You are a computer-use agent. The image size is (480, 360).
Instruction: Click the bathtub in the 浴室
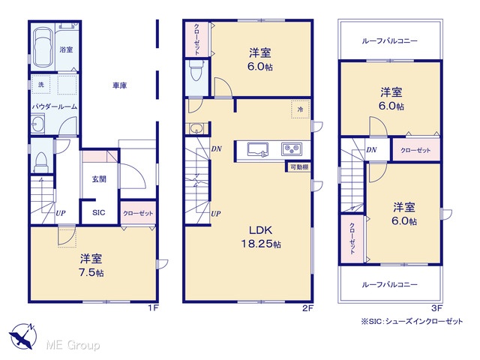[42, 48]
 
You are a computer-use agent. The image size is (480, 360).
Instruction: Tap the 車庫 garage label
[120, 85]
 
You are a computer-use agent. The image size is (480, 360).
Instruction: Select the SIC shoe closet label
[98, 212]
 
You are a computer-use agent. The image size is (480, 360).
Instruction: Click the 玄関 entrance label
[99, 178]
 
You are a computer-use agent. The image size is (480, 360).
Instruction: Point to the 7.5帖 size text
[91, 272]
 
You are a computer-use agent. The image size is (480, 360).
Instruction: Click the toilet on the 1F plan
[41, 162]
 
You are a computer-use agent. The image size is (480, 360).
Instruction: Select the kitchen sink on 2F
[257, 149]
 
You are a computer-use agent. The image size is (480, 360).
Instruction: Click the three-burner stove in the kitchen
[292, 149]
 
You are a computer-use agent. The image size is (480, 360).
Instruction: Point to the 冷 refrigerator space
[300, 109]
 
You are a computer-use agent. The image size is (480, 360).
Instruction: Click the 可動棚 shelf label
[299, 167]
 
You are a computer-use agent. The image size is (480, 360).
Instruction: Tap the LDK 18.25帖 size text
[261, 244]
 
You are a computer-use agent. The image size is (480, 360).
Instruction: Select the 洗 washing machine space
[41, 85]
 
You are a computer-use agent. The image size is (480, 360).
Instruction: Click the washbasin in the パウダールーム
[38, 124]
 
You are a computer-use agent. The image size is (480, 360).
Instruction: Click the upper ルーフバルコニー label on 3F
[390, 40]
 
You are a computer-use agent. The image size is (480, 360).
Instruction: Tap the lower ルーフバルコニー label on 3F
[390, 285]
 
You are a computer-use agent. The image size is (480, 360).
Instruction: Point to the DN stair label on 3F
[371, 150]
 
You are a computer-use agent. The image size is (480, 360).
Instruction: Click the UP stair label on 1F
[60, 213]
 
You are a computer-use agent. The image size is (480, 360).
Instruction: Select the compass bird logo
[22, 336]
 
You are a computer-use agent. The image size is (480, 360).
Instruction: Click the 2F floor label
[307, 308]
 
